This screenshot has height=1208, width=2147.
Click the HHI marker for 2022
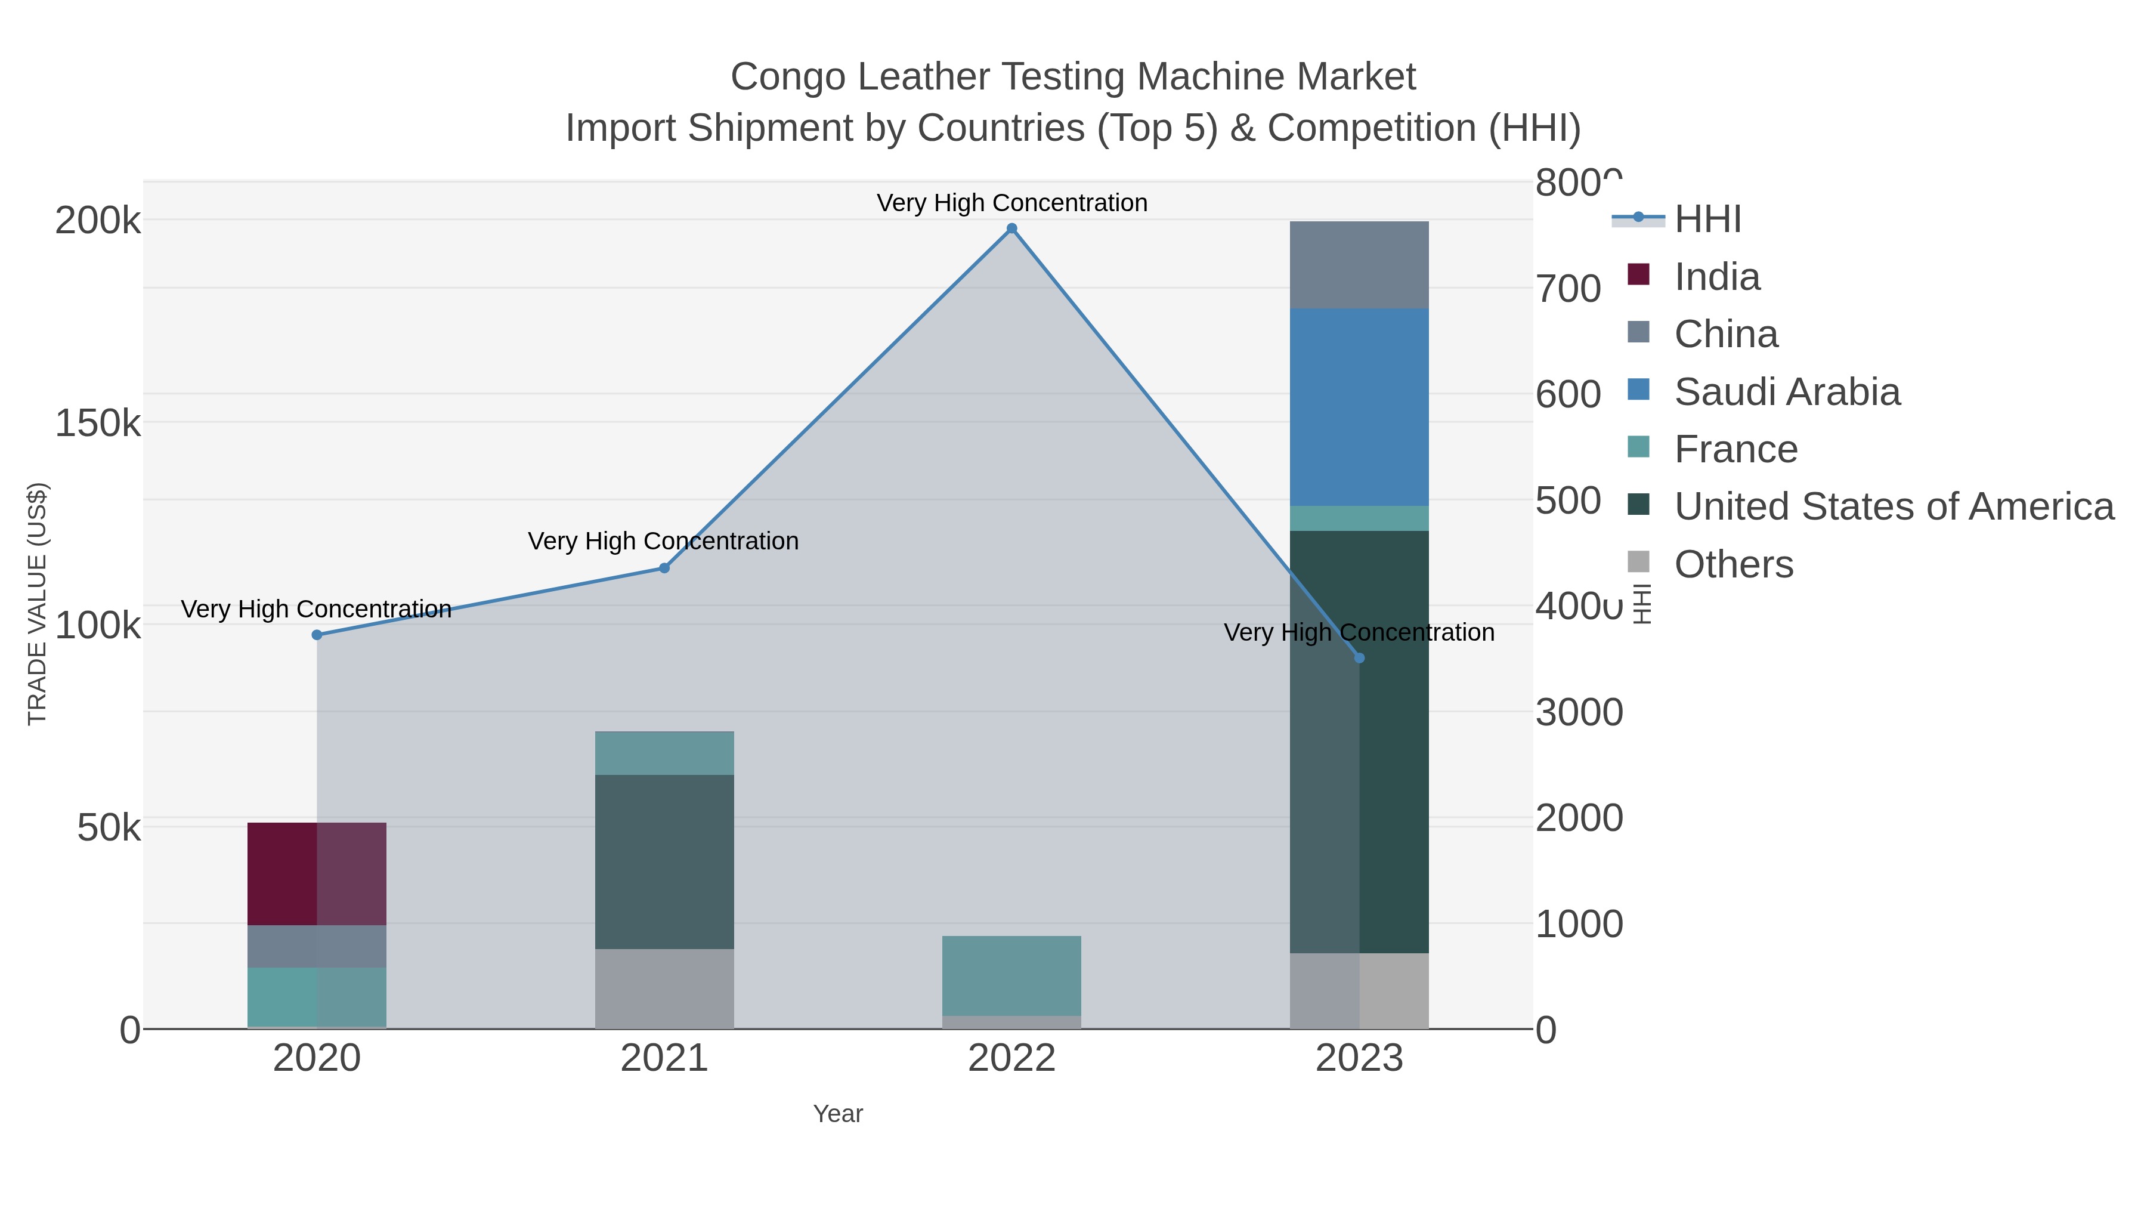[x=1012, y=228]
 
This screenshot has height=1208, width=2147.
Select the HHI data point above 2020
[x=317, y=635]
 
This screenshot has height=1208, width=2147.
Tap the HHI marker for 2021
[x=664, y=569]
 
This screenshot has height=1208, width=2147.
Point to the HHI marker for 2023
[x=1359, y=659]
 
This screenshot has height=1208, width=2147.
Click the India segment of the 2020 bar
[x=317, y=874]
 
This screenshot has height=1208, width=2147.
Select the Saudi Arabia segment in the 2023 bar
[x=1359, y=407]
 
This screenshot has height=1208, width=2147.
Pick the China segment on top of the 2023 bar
[x=1359, y=265]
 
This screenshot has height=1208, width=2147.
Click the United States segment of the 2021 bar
[x=664, y=861]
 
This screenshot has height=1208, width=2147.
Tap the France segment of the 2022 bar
[x=1012, y=975]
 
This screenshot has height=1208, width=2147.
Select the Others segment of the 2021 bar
[x=664, y=988]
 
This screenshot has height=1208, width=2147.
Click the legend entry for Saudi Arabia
[x=1786, y=392]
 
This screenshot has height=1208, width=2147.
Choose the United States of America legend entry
[x=1893, y=507]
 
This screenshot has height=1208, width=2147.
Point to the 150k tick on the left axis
[x=98, y=424]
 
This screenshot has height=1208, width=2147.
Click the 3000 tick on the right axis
[x=1579, y=713]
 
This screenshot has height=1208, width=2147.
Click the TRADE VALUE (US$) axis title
[x=38, y=604]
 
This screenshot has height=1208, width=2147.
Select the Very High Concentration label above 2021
[x=663, y=541]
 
